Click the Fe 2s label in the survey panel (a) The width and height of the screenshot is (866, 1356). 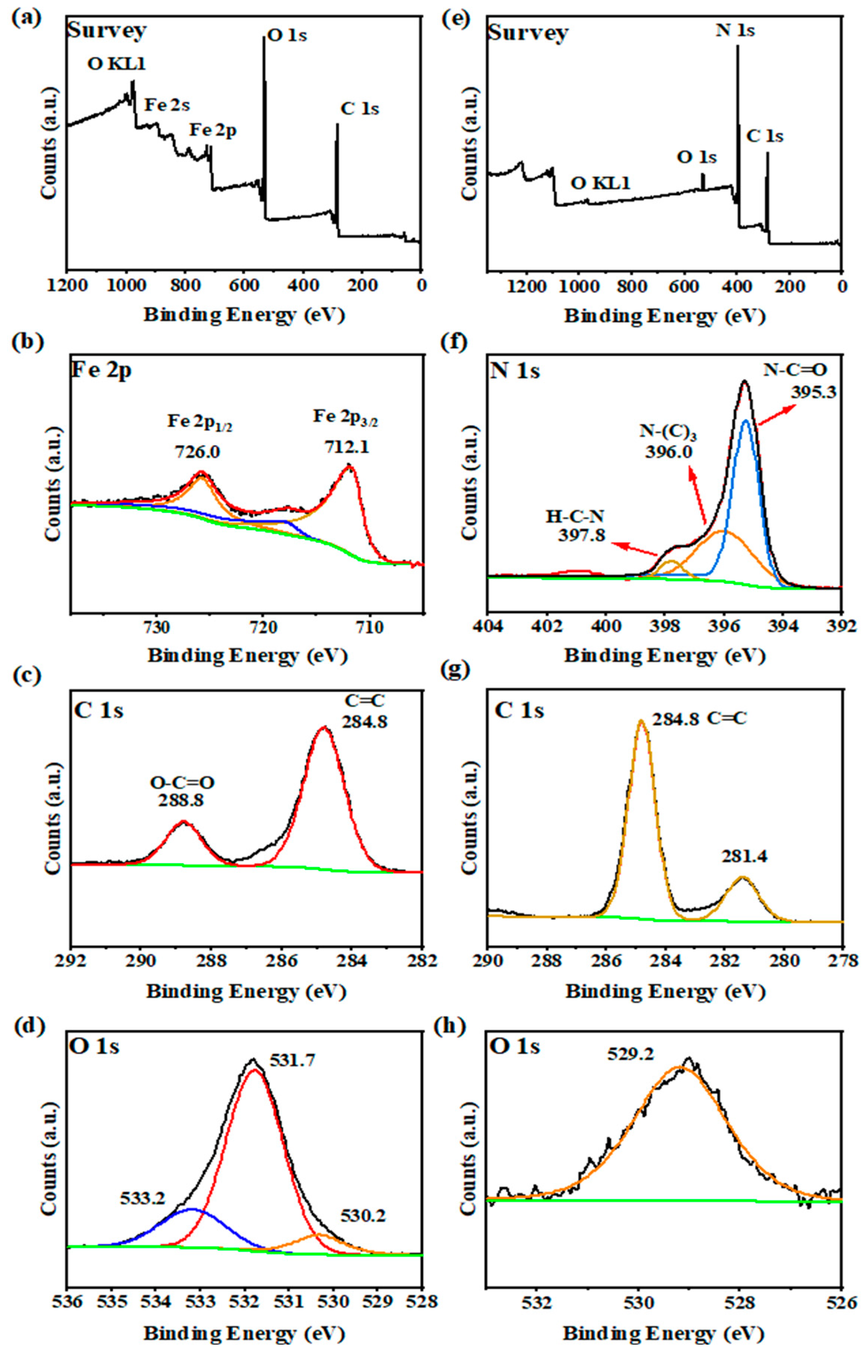click(167, 105)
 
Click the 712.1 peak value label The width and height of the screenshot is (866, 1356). click(346, 446)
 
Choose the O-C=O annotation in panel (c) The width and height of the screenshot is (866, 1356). click(182, 782)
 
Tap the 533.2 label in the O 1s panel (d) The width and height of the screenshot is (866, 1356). click(142, 1198)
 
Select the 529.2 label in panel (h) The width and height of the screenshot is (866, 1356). click(631, 1053)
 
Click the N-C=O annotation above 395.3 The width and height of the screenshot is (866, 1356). click(795, 370)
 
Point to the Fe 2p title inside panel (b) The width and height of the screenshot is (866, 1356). click(101, 371)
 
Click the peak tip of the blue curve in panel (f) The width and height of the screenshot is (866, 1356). click(746, 420)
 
